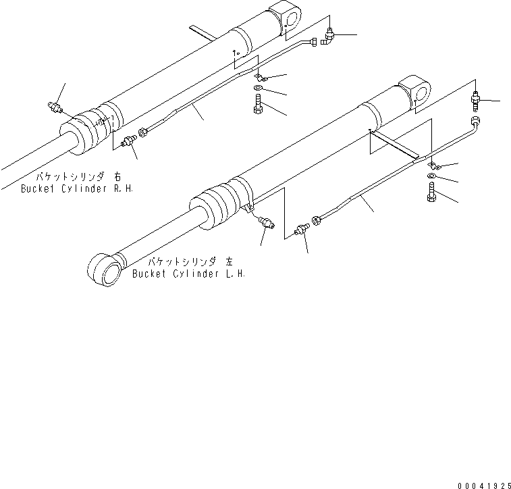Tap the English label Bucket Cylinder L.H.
coord(188,274)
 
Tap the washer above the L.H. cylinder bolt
coord(432,178)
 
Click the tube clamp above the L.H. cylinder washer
coord(435,165)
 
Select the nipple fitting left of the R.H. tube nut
coord(126,141)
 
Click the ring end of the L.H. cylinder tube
coord(477,122)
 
